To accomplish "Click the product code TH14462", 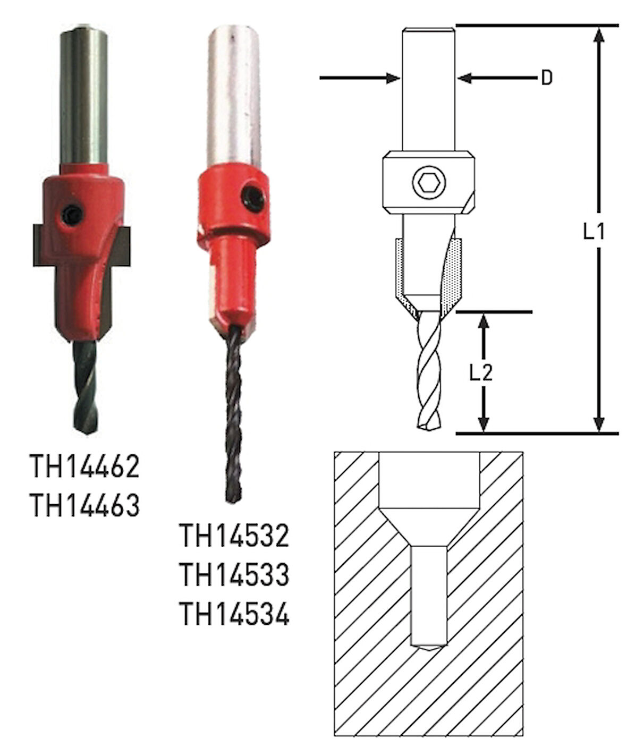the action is (x=85, y=466).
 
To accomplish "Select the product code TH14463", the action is (x=85, y=505).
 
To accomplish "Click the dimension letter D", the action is (x=546, y=78).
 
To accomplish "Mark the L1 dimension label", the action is (x=594, y=232).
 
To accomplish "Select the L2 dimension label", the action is (x=481, y=373).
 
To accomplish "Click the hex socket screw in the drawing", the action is (x=429, y=185).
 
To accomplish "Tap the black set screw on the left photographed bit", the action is (x=72, y=215).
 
